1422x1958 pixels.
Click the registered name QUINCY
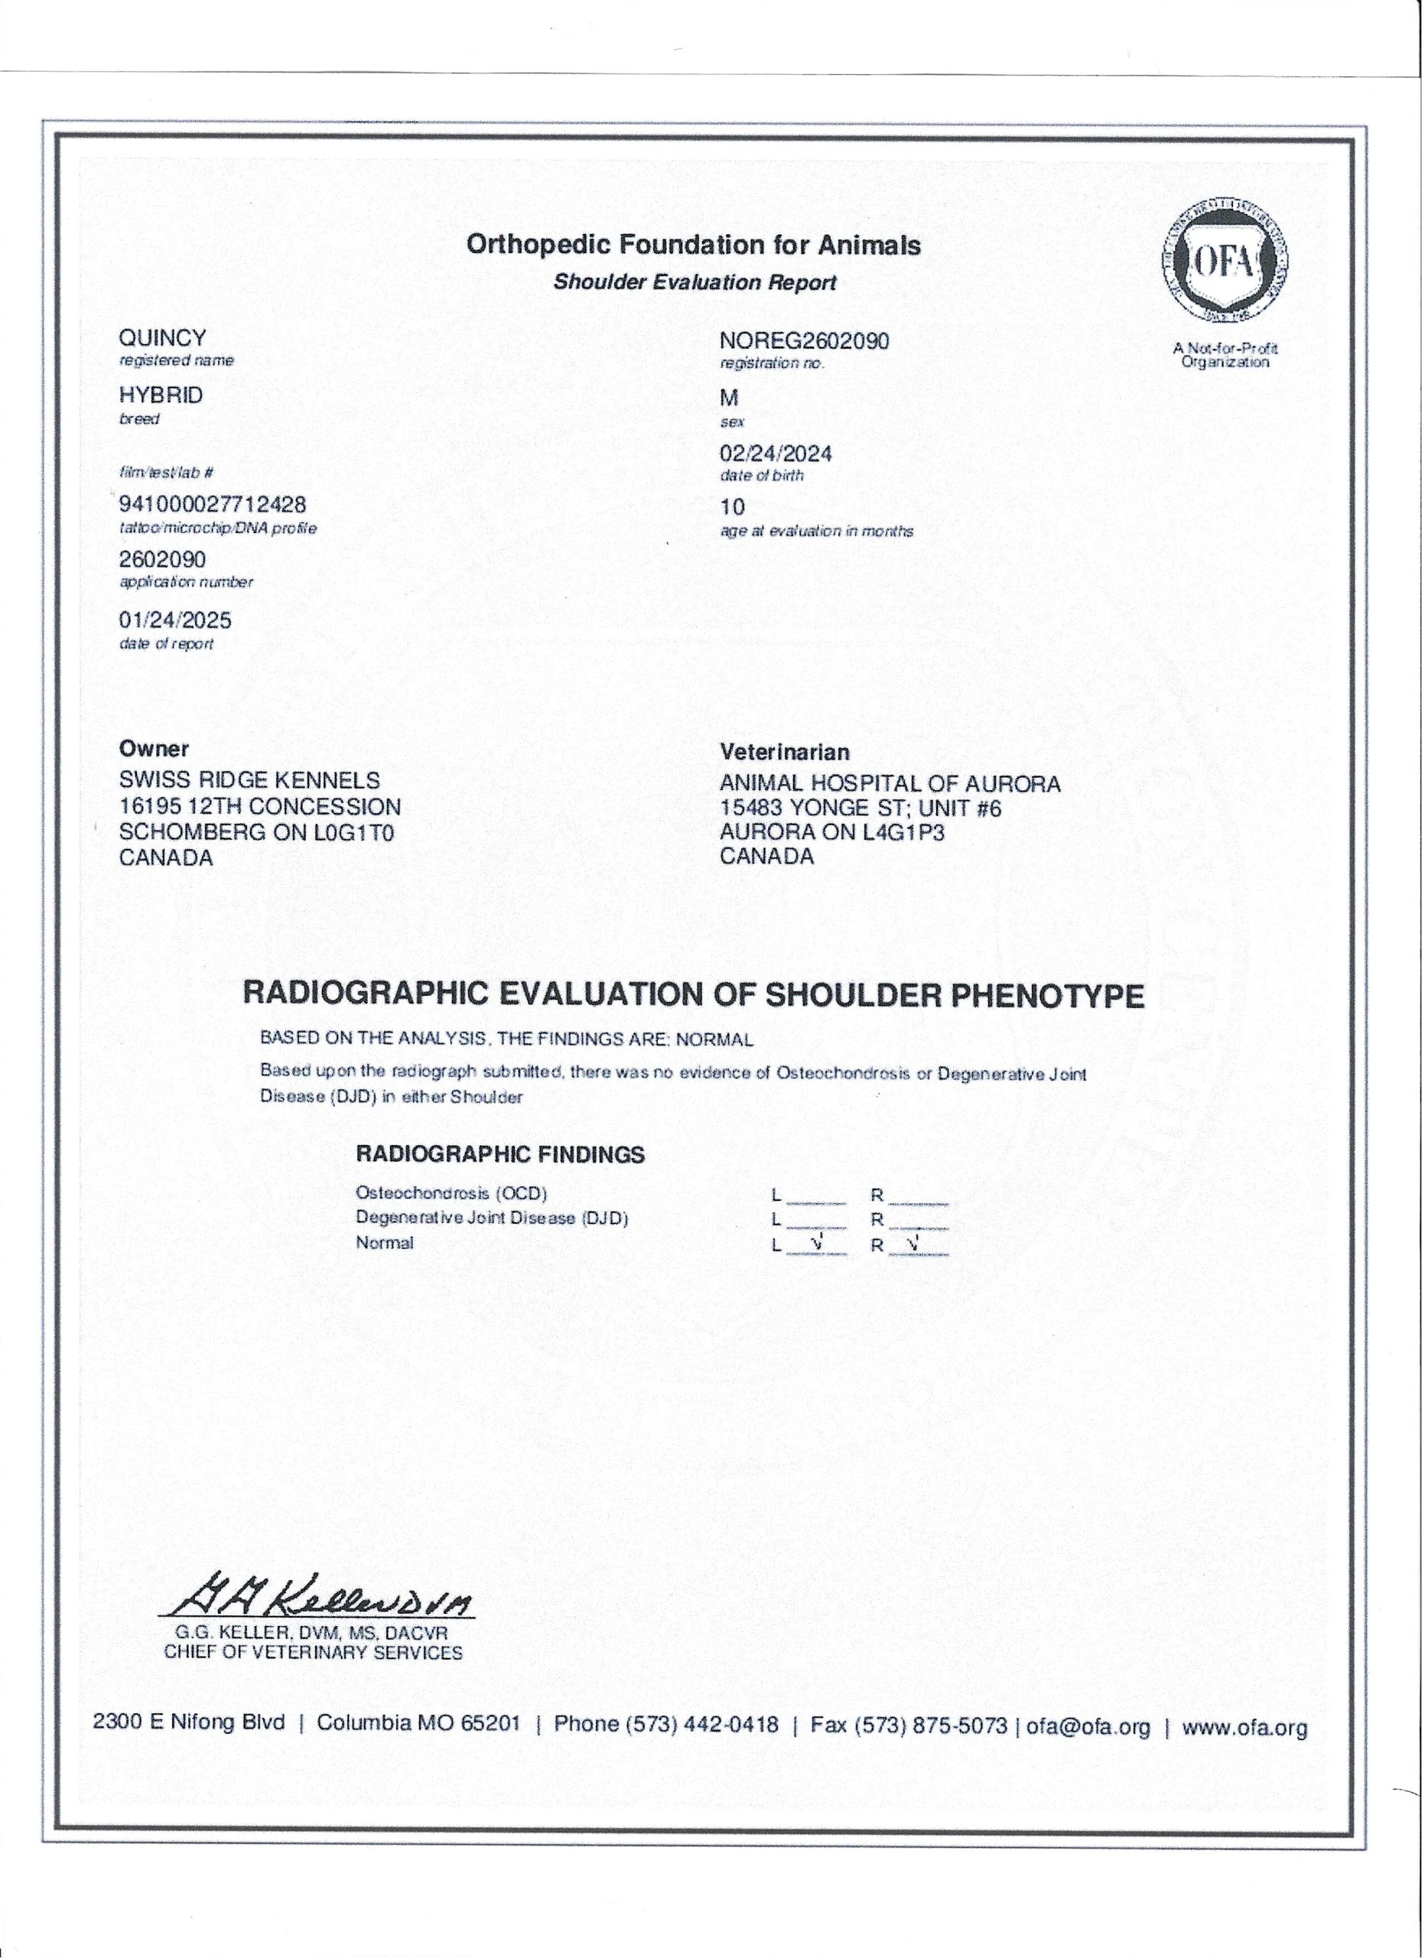coord(163,337)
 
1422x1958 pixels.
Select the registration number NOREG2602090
coord(804,341)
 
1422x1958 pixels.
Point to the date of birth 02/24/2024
coord(776,454)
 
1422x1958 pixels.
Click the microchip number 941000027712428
coord(213,504)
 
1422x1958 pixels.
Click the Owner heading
coord(154,750)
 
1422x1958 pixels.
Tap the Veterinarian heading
coord(784,752)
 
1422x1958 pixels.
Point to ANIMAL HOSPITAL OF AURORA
coord(890,784)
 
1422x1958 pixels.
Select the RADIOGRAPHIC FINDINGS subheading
coord(500,1154)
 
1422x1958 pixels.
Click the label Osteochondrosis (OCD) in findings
coord(451,1194)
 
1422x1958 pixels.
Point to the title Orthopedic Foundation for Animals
coord(693,246)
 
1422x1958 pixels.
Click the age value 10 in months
coord(732,507)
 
